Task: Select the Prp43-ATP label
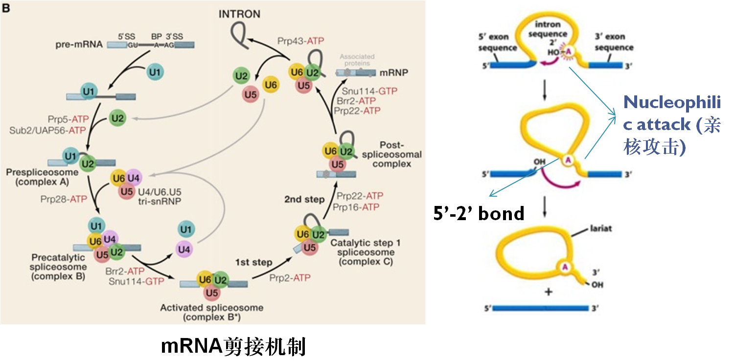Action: click(x=301, y=41)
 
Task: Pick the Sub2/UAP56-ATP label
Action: click(x=47, y=130)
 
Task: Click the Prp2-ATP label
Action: click(x=290, y=277)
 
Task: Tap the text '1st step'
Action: click(x=253, y=262)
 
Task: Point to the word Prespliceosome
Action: click(x=42, y=173)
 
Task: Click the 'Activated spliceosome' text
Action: click(x=212, y=308)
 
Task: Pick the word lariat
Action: click(x=601, y=228)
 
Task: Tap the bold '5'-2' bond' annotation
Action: click(x=479, y=213)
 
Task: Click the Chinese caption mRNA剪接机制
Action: click(x=233, y=346)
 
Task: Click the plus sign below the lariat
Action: click(x=548, y=292)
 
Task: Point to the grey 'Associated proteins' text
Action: click(x=355, y=60)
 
